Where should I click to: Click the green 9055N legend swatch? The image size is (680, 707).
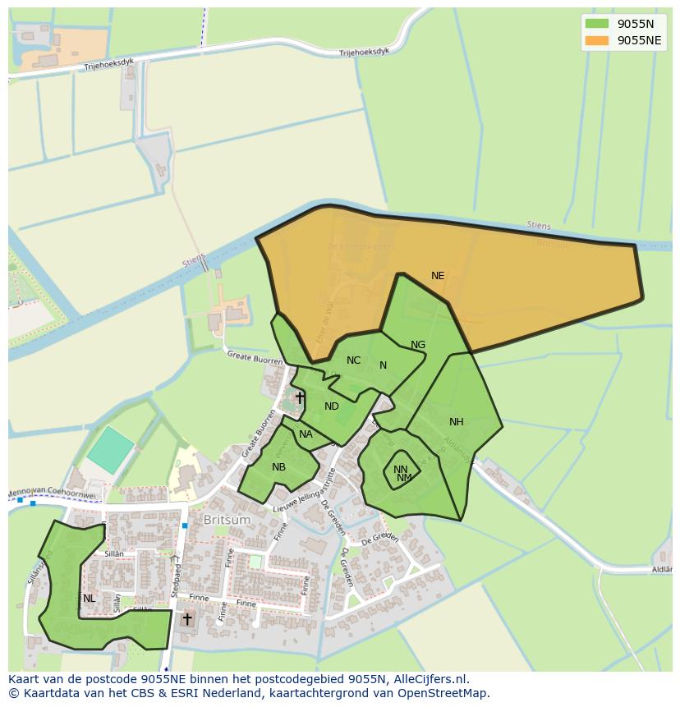pos(598,24)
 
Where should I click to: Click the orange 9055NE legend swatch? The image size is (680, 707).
pos(598,40)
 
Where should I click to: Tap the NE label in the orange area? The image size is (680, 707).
pos(438,276)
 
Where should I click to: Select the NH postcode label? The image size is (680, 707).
pos(457,422)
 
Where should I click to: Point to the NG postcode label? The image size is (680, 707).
pos(418,345)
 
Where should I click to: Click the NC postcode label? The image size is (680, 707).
pos(353,360)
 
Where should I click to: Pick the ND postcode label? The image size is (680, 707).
pos(332,406)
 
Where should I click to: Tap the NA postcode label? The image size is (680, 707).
pos(306,434)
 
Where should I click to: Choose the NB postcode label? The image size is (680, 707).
pos(278,467)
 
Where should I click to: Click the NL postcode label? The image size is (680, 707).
pos(89,599)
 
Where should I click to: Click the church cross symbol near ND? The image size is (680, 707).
pos(300,398)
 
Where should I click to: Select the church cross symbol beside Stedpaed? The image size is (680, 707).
pos(187,618)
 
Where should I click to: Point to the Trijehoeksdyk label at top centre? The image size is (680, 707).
pos(364,52)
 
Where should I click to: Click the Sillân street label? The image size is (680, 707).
pos(114,554)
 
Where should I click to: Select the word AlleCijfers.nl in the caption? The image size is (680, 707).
pos(426,679)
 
